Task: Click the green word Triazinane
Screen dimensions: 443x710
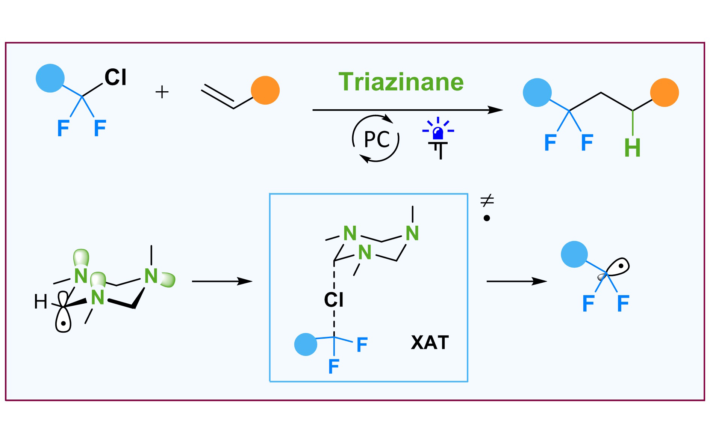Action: point(401,82)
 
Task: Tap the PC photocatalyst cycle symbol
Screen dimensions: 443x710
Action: point(376,139)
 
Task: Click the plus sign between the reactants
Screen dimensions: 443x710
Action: point(162,92)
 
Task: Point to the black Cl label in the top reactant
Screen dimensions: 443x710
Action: point(115,78)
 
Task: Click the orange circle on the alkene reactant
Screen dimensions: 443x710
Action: point(265,90)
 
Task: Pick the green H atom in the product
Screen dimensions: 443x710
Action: point(632,148)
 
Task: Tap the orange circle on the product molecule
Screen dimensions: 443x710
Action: point(665,92)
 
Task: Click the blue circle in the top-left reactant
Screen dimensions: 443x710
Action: point(50,78)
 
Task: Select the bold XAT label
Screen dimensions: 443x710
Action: point(430,342)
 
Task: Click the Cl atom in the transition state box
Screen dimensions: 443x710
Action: point(334,300)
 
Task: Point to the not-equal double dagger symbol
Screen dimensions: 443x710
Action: point(487,201)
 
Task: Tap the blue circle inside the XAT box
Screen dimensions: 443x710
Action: point(306,344)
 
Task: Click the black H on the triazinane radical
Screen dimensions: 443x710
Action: point(41,302)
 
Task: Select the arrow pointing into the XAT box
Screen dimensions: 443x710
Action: point(222,281)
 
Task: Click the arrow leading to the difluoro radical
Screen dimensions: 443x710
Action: point(516,281)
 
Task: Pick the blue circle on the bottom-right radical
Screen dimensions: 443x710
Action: point(574,254)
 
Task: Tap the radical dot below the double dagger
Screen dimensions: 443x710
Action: point(487,218)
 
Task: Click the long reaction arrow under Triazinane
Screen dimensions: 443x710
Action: point(407,110)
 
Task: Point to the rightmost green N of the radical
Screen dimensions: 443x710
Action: point(151,276)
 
